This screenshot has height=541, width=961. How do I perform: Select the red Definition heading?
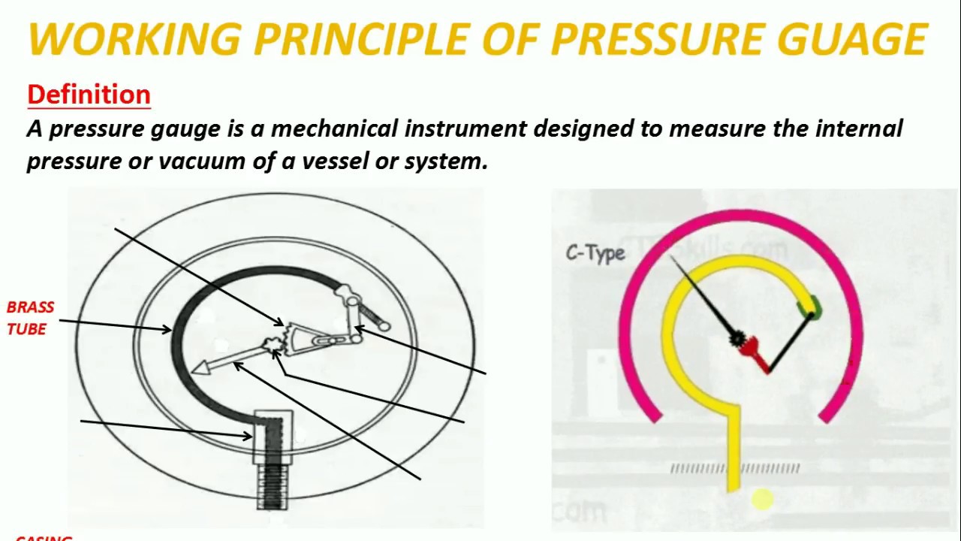click(x=89, y=95)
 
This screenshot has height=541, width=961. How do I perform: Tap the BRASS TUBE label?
click(x=30, y=318)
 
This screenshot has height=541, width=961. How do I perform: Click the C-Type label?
click(x=595, y=253)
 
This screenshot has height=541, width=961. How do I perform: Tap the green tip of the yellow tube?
click(x=810, y=307)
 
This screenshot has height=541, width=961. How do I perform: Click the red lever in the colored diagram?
click(x=756, y=353)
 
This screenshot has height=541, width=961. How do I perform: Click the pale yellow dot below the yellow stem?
click(x=761, y=499)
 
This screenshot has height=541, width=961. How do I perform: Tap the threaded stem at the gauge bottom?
click(x=273, y=485)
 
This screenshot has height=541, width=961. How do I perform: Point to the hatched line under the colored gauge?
click(x=735, y=469)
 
